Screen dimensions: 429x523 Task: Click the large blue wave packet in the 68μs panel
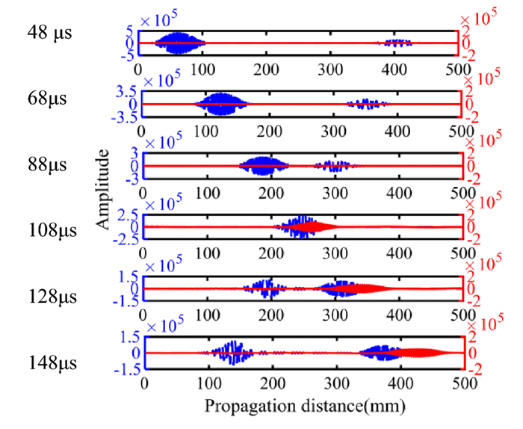point(221,104)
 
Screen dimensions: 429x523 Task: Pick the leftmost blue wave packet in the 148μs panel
point(232,353)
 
